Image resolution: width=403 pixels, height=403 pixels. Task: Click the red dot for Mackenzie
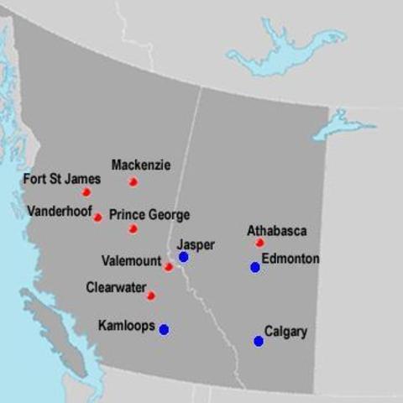pos(133,181)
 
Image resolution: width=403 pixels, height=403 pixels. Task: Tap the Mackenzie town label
pos(141,165)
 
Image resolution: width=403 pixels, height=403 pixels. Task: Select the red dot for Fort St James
pos(86,192)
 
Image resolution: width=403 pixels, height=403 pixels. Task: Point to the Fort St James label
pos(62,179)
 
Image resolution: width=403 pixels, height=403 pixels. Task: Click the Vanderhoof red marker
pos(97,217)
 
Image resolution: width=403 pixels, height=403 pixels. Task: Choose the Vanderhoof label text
pos(59,211)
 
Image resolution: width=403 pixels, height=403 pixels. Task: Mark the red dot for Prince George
pos(133,228)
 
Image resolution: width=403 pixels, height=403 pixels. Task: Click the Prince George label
pos(149,215)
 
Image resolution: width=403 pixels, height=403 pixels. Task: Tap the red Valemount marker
pos(168,267)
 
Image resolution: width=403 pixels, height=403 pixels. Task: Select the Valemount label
pos(131,260)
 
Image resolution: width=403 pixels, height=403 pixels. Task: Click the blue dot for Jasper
pos(183,257)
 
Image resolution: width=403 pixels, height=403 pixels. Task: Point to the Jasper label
pos(196,244)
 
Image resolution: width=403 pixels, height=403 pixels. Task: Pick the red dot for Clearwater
pos(151,296)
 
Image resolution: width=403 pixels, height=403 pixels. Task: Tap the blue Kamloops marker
pos(164,330)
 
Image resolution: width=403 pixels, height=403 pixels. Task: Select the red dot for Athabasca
pos(260,243)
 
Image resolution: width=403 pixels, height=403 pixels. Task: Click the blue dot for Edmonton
pos(255,267)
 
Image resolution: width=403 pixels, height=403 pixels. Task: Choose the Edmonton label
pos(290,259)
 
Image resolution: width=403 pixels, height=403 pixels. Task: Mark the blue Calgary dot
pos(259,341)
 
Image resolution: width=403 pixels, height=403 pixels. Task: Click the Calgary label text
pos(286,332)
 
